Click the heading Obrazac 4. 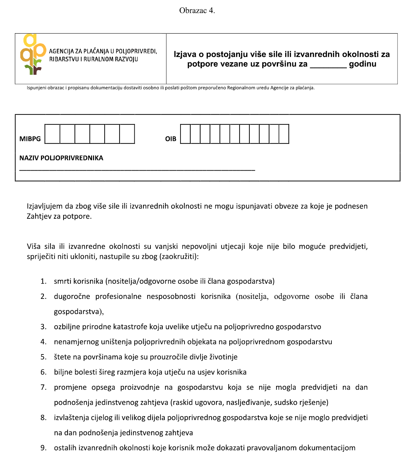tap(197, 11)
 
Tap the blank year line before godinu tap(328, 65)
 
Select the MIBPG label tap(30, 139)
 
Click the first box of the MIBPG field tap(52, 134)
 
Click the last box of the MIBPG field tap(127, 134)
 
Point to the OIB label tap(171, 139)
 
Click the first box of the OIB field tap(185, 134)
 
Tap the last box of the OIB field tap(284, 134)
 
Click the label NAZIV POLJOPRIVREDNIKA tap(61, 158)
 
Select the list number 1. tap(43, 281)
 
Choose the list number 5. tap(43, 357)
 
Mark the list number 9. tap(43, 448)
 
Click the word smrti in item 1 tap(63, 281)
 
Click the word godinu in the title tap(363, 64)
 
